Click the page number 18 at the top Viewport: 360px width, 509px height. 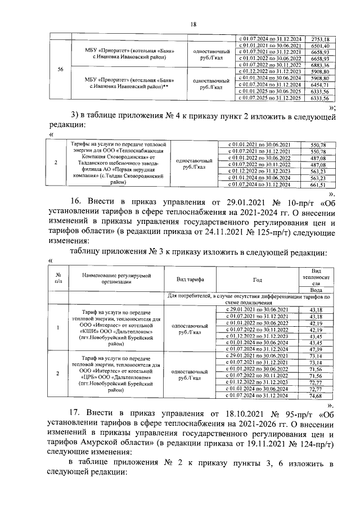tap(193, 24)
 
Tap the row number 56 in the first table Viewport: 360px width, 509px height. tap(60, 70)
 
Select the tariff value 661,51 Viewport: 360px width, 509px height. tap(318, 184)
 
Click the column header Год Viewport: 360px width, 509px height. tap(258, 279)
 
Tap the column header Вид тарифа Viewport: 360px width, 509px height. tap(190, 279)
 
